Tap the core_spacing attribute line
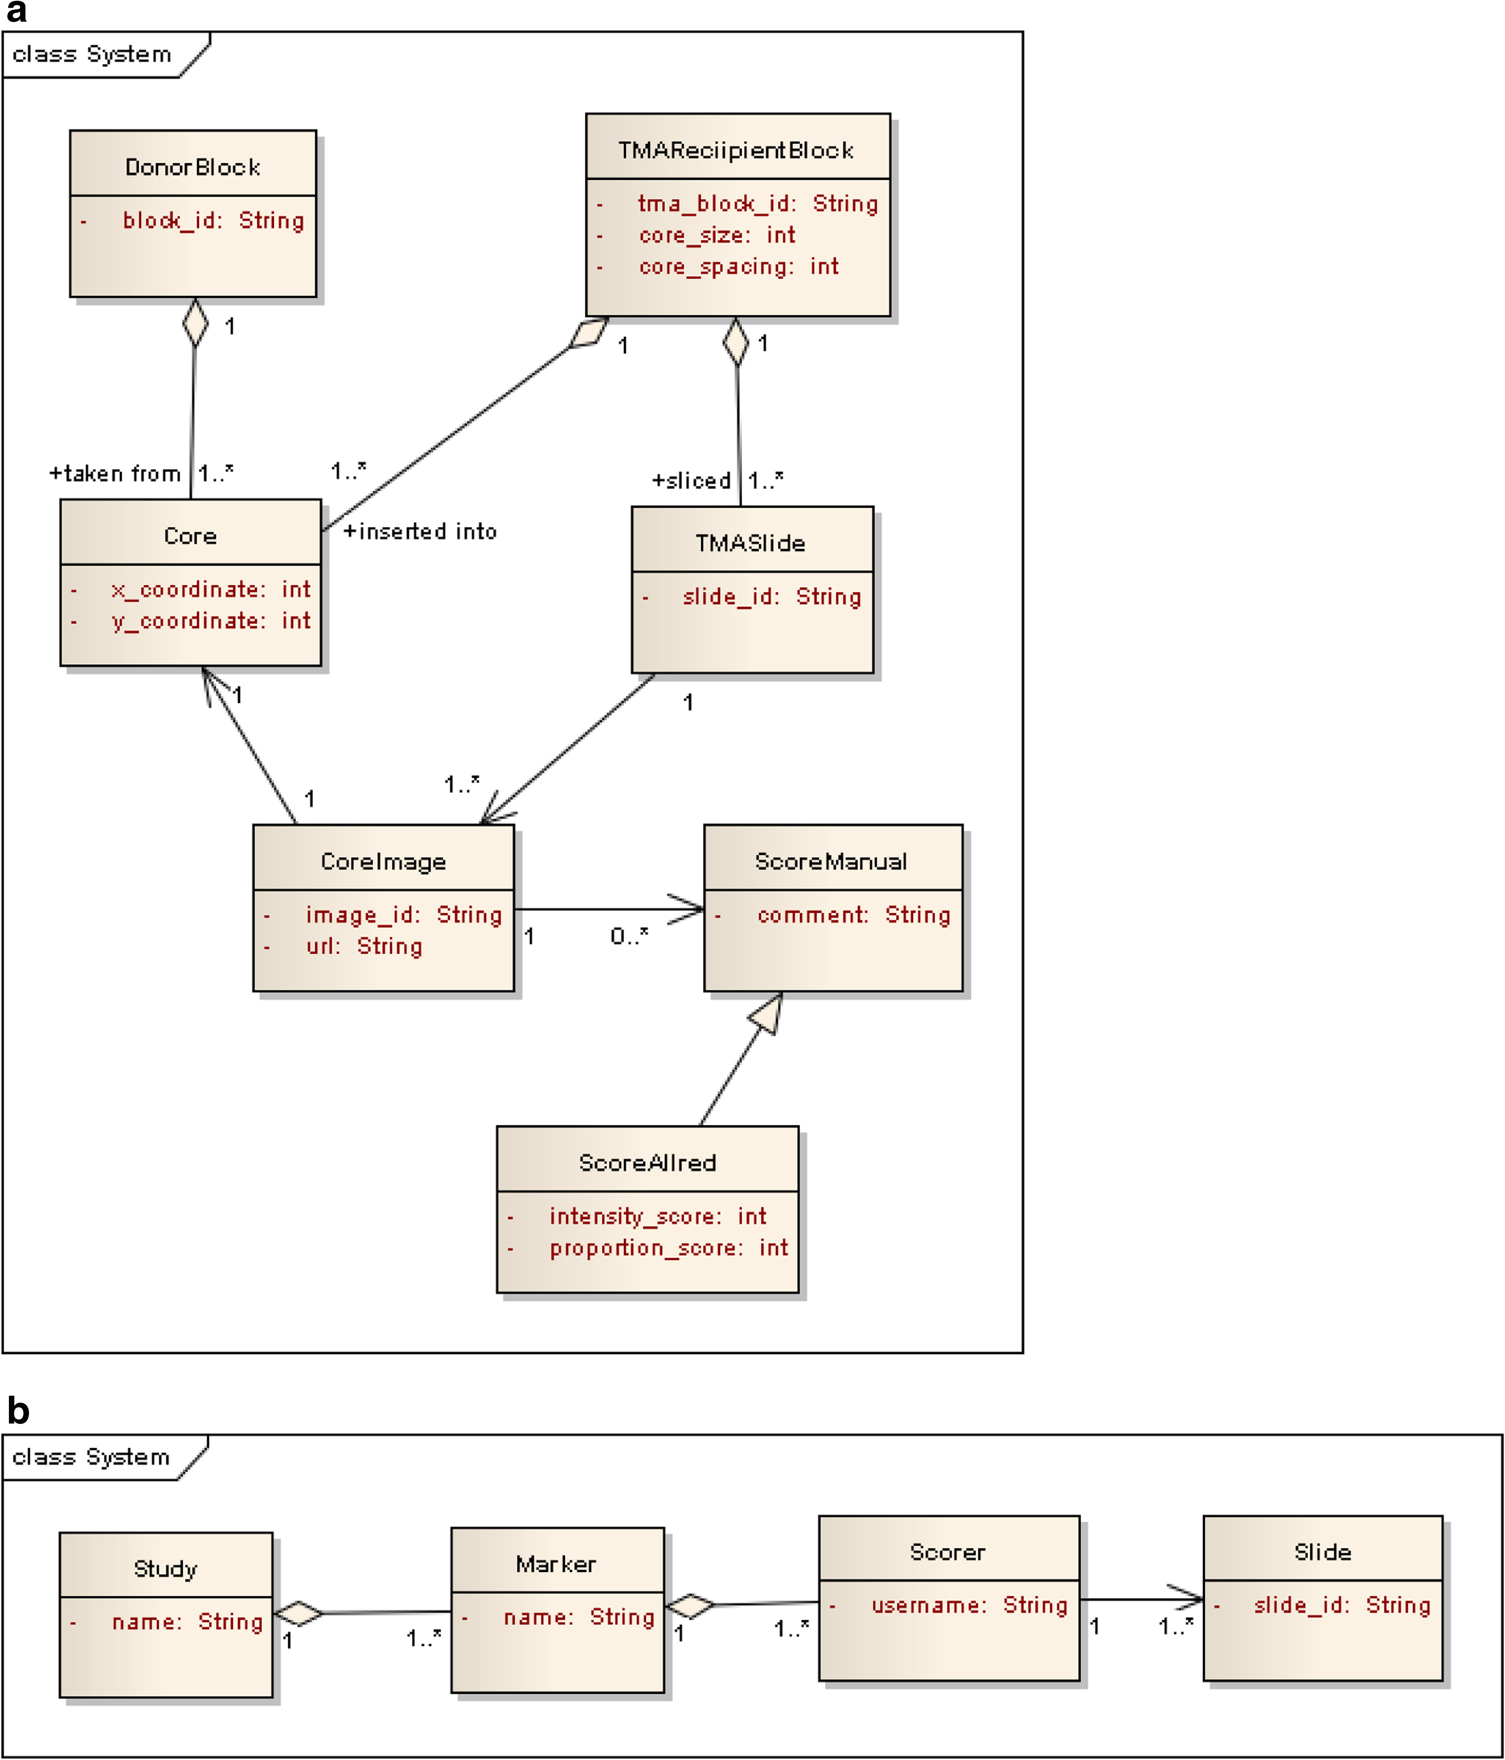click(739, 267)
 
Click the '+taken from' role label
click(115, 473)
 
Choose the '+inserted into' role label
click(420, 532)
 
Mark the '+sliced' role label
click(691, 481)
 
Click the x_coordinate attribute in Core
click(211, 589)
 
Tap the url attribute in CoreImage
click(364, 946)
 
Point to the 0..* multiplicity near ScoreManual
click(629, 936)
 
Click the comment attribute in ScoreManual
click(853, 915)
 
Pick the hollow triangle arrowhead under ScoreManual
click(766, 1013)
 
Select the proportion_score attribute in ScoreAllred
click(669, 1248)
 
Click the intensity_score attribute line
click(658, 1216)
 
